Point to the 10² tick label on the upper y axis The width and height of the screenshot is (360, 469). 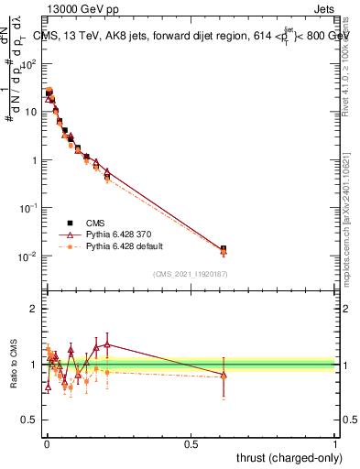[28, 64]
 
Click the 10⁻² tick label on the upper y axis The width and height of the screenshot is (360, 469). [28, 256]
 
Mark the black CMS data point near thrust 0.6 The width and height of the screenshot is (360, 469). [224, 249]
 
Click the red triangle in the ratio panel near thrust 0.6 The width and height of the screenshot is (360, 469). [224, 374]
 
